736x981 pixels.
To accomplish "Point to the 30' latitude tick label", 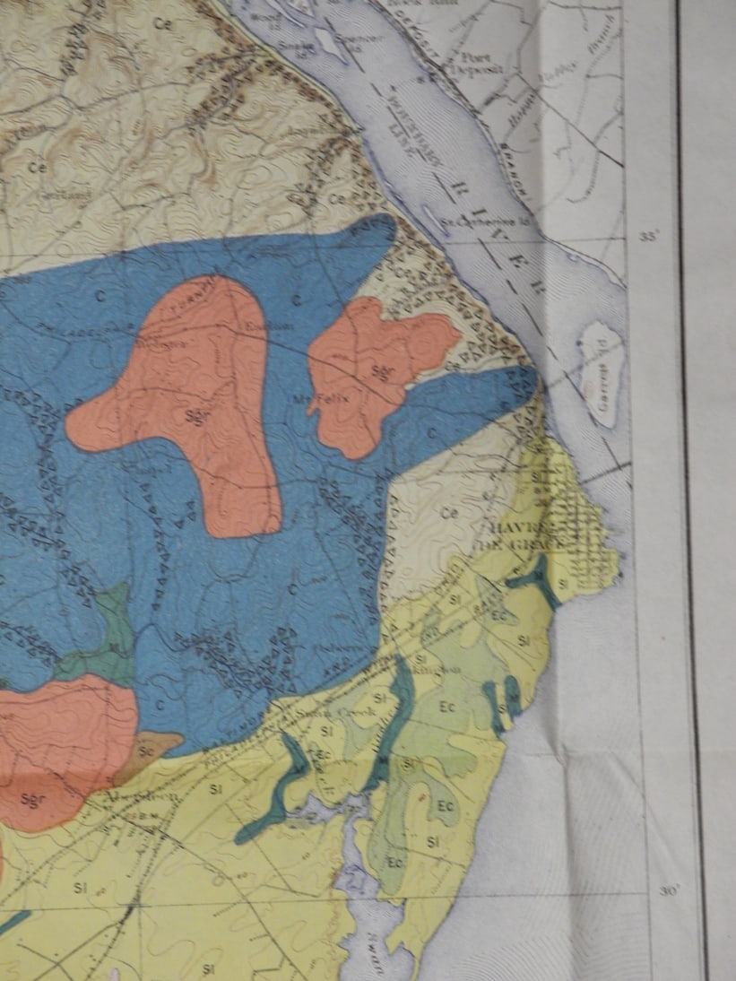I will pos(669,890).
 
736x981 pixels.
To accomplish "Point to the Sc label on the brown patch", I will pos(145,747).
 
